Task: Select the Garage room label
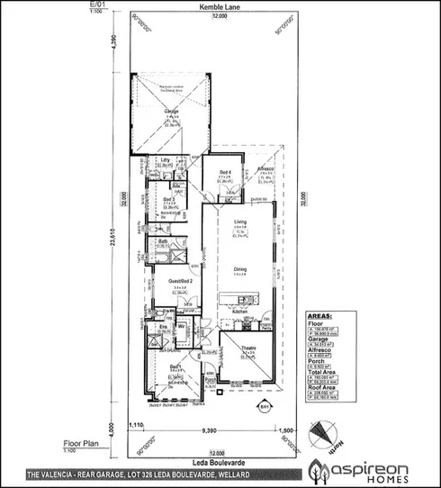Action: click(171, 113)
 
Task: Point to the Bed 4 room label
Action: click(226, 172)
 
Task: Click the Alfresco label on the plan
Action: click(265, 168)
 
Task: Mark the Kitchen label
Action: click(240, 311)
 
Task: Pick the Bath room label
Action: click(164, 241)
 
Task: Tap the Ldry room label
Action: click(165, 159)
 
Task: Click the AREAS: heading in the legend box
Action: click(321, 317)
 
